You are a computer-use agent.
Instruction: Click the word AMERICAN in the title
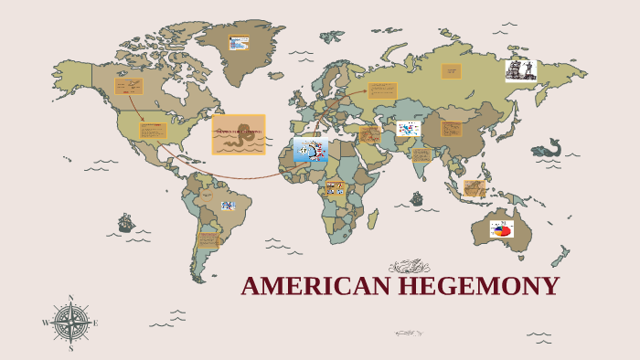316,287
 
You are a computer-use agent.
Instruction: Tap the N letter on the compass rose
70,298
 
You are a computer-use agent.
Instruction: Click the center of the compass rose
70,323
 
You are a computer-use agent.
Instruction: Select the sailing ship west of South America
126,222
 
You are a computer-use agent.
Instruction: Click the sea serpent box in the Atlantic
239,134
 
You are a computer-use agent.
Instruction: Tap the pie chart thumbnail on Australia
501,228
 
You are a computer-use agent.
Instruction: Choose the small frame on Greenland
239,43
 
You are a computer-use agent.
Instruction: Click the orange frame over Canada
129,87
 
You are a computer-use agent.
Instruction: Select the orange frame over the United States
153,130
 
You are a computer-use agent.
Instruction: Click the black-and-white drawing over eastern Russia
520,70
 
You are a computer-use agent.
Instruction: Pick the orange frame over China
452,128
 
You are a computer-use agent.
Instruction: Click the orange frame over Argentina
208,239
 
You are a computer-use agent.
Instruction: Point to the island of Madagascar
373,219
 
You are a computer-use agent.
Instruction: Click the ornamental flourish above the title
409,267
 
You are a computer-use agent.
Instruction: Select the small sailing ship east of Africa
417,198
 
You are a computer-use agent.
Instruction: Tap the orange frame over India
421,154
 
